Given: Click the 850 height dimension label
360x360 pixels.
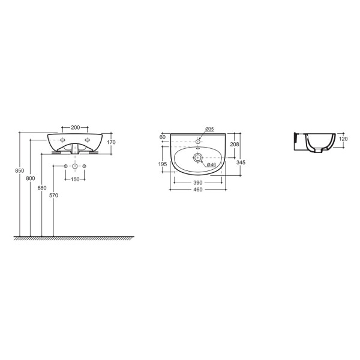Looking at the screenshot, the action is [x=20, y=171].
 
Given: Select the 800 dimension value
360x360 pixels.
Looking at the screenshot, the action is [x=31, y=178].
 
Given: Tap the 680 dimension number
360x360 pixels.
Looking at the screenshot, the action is [x=42, y=188].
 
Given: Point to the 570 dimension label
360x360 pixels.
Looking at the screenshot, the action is [x=54, y=196].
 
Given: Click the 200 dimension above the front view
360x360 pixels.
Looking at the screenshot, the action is [x=76, y=127].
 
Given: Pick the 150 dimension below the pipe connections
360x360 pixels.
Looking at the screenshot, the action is [x=75, y=179].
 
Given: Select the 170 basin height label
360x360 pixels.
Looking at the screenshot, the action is [x=111, y=142].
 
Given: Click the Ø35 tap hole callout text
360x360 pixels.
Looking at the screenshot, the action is [x=209, y=129].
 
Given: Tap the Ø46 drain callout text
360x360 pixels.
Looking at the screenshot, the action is [x=211, y=164].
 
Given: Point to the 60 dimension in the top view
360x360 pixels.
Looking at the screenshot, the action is [x=163, y=137].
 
